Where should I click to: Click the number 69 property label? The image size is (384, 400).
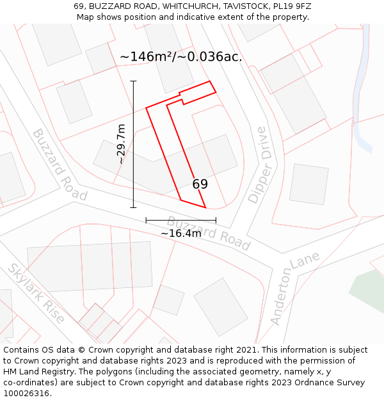click(200, 184)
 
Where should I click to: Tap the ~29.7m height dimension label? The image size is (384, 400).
click(121, 145)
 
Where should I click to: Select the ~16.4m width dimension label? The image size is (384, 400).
click(180, 234)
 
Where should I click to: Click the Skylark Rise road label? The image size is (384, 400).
click(36, 292)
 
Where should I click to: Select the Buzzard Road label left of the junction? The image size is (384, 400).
click(60, 164)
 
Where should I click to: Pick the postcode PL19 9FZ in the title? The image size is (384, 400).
click(289, 6)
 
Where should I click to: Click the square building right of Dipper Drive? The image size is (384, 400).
click(308, 184)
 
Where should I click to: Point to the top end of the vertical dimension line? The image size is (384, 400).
click(133, 81)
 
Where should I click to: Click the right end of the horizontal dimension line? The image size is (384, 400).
click(216, 220)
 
